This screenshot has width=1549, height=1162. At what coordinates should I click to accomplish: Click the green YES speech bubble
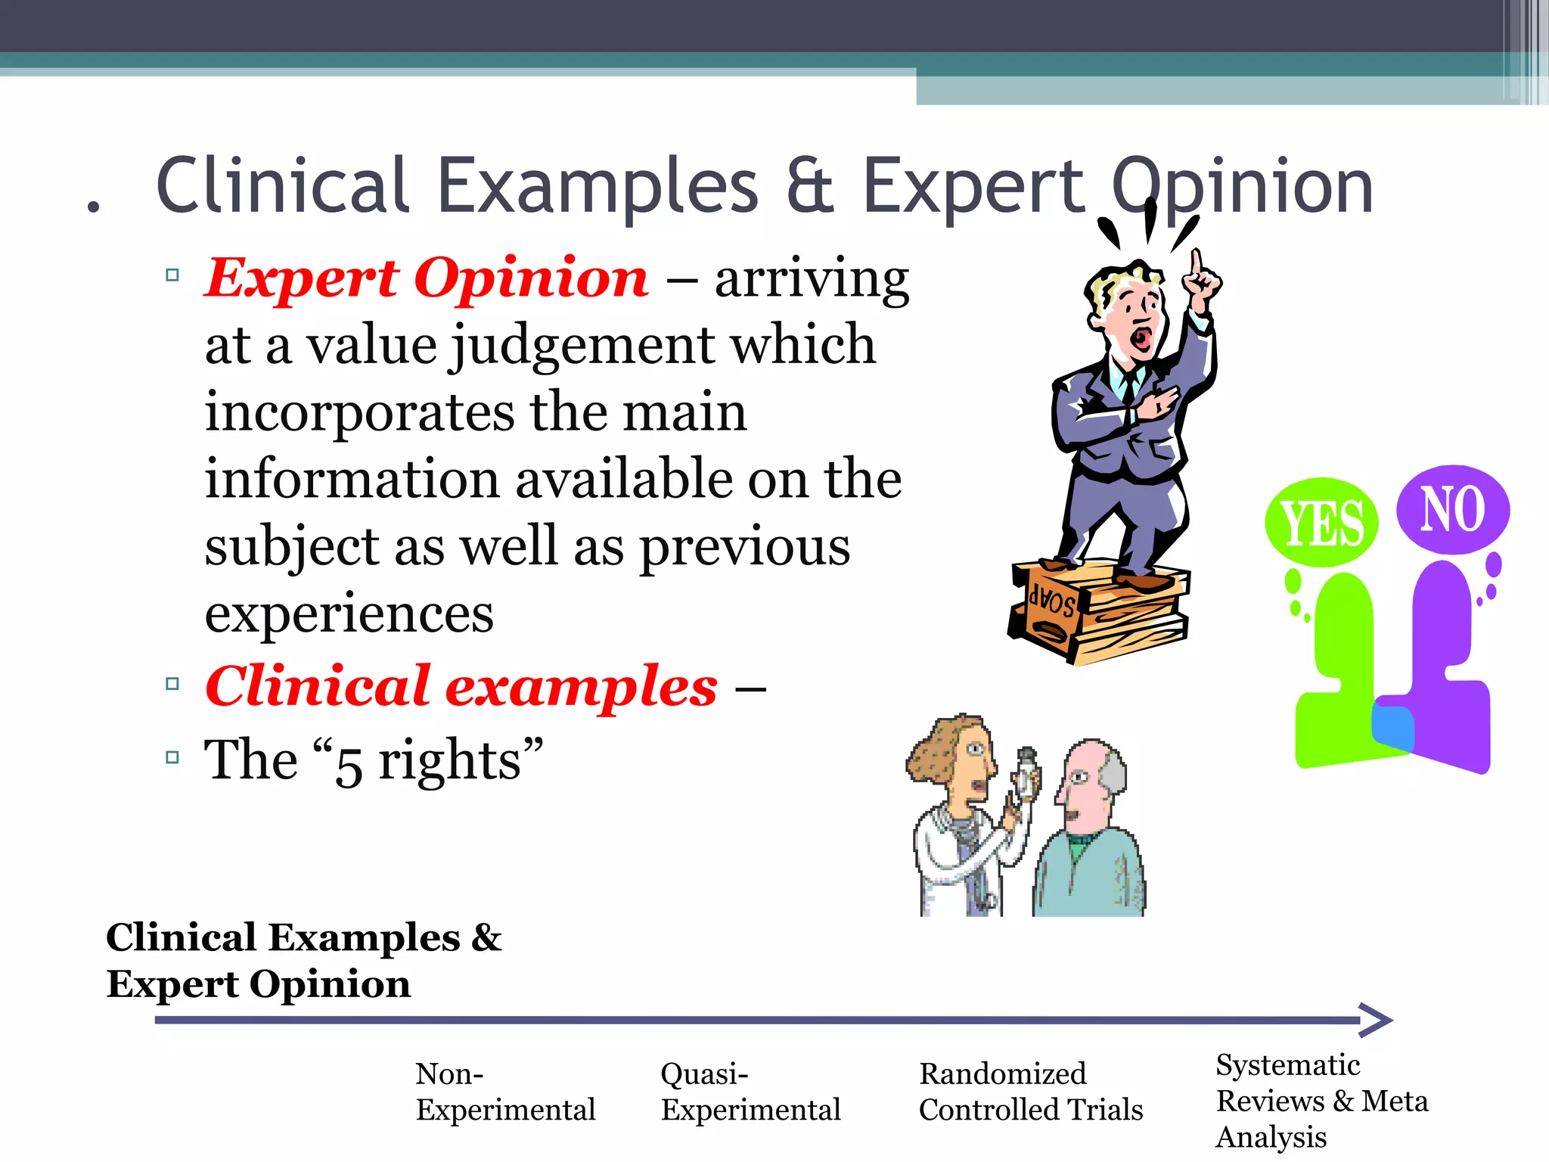coord(1321,523)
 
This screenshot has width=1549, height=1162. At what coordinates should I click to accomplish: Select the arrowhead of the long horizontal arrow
coord(1377,1020)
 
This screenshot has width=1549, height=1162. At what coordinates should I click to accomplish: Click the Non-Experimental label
coord(505,1092)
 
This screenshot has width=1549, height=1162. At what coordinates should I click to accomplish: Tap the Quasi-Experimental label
coord(750,1092)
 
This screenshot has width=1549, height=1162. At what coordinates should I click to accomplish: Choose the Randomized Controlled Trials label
coord(1030,1092)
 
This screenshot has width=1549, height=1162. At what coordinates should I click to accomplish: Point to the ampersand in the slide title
coord(810,186)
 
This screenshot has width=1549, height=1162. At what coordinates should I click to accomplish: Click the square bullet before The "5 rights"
coord(172,757)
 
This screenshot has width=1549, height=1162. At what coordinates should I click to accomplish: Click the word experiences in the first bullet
coord(349,614)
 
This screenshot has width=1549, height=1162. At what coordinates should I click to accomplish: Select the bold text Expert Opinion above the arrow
coord(259,984)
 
